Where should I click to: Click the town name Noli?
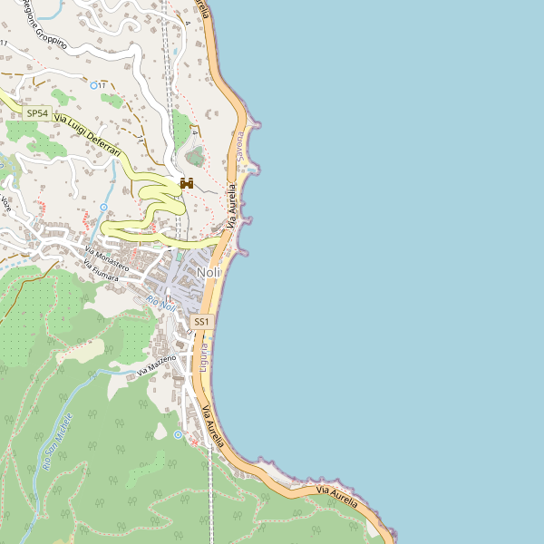(x=208, y=273)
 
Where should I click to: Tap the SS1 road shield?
(x=201, y=322)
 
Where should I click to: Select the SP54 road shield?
(x=36, y=112)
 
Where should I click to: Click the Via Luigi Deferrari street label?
(x=88, y=132)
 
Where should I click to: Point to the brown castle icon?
(x=188, y=184)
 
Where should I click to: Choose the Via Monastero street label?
(x=106, y=258)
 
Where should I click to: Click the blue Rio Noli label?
(x=160, y=306)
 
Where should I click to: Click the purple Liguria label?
(x=205, y=356)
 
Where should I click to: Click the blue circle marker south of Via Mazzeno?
(x=178, y=435)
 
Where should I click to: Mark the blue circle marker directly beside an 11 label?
(x=94, y=84)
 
